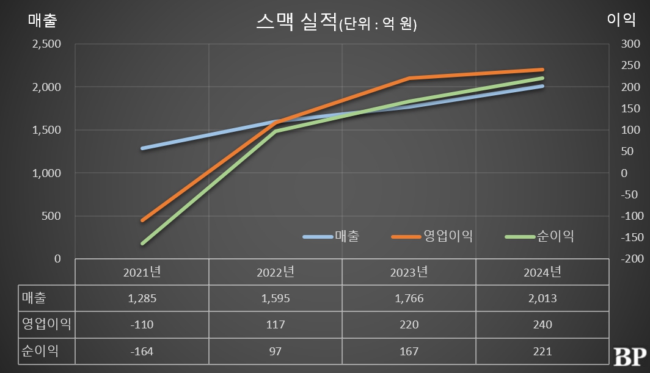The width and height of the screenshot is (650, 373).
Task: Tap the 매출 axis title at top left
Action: pyautogui.click(x=43, y=20)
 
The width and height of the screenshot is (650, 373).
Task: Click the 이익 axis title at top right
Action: pyautogui.click(x=621, y=20)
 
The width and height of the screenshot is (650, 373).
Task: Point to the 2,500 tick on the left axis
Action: pyautogui.click(x=46, y=44)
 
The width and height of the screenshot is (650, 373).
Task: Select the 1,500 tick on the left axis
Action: pyautogui.click(x=46, y=130)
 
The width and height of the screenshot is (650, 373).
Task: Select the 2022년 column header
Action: pyautogui.click(x=275, y=272)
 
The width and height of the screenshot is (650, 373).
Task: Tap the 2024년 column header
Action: pyautogui.click(x=542, y=272)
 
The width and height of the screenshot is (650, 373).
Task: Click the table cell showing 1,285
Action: pyautogui.click(x=142, y=299)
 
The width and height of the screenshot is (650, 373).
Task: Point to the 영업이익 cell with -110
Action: pyautogui.click(x=142, y=325)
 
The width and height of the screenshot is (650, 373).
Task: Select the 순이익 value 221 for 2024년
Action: pyautogui.click(x=542, y=351)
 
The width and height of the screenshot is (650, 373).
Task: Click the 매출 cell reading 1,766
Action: pyautogui.click(x=409, y=299)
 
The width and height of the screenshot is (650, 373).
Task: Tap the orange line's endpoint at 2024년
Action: pyautogui.click(x=542, y=70)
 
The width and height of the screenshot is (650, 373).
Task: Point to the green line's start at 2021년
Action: pyautogui.click(x=142, y=244)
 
